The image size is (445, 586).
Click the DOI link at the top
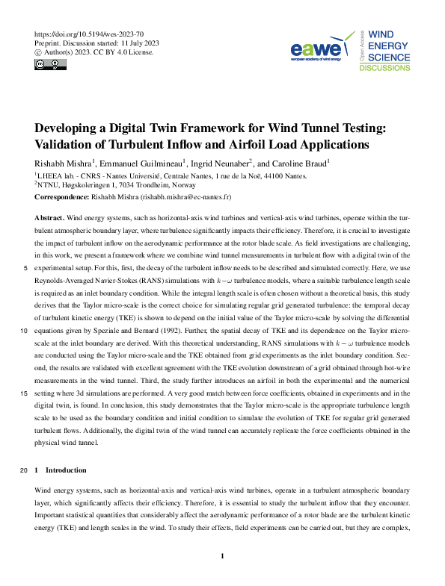click(89, 34)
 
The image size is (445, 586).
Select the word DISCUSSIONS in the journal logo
click(384, 68)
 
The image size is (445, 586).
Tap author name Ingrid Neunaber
click(221, 163)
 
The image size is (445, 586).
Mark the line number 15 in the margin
click(25, 393)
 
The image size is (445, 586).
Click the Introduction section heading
click(67, 470)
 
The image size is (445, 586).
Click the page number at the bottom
click(222, 556)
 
